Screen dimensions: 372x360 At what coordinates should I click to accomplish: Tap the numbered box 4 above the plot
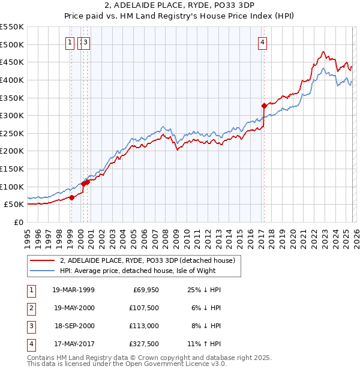(x=263, y=42)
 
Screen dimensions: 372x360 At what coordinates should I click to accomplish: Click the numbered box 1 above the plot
(x=71, y=42)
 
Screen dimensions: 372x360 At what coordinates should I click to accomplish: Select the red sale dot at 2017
(x=264, y=106)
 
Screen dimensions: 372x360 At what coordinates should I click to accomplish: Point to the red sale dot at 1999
(x=71, y=197)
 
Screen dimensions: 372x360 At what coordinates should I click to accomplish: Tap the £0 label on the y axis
(x=18, y=222)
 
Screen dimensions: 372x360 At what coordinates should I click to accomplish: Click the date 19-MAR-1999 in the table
(x=73, y=290)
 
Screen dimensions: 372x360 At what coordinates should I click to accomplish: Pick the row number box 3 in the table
(x=31, y=326)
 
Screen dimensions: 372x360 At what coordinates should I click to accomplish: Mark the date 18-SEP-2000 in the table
(x=73, y=326)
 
